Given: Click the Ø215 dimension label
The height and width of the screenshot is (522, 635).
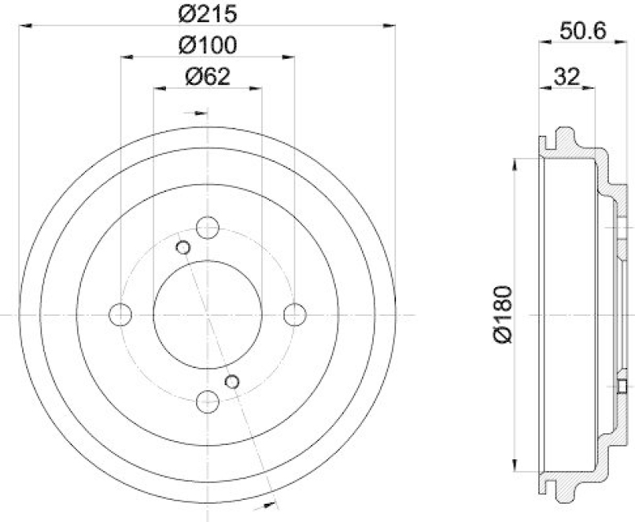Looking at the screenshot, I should (208, 13).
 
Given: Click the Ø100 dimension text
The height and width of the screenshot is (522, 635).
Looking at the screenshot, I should (208, 45).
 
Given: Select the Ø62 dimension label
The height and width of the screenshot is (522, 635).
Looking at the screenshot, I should (207, 76).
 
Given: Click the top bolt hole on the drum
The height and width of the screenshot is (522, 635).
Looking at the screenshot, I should (208, 228).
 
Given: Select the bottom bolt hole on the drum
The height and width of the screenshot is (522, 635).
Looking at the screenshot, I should (208, 401).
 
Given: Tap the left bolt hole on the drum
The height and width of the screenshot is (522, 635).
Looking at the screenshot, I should (121, 314).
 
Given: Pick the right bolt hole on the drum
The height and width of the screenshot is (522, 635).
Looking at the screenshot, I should (294, 314).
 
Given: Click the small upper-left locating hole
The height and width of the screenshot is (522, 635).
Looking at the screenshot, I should (183, 248).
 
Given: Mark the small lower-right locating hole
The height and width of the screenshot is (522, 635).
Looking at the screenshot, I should (233, 382).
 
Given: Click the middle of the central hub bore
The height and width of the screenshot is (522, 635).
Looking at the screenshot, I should (208, 314).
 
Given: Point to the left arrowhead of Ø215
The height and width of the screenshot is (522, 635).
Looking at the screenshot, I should (24, 26).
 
